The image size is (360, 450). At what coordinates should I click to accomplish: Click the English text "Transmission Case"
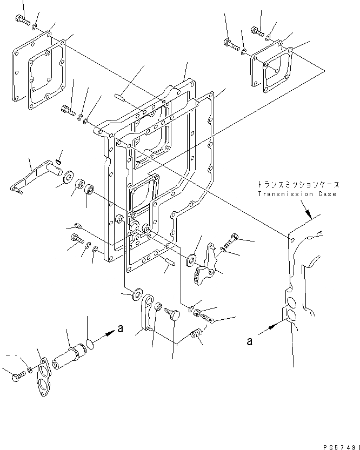pos(297,194)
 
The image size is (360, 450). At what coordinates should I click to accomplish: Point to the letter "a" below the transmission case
pos(249,340)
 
